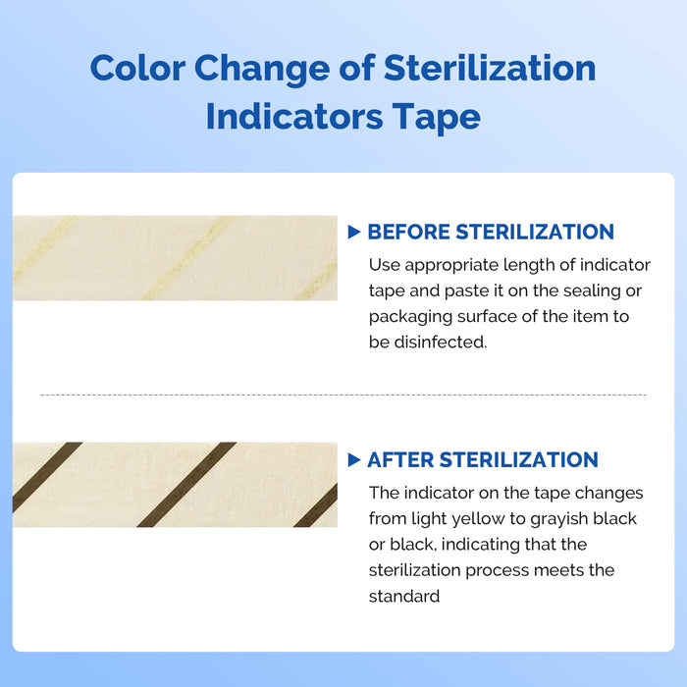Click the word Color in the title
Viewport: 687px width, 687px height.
coord(137,69)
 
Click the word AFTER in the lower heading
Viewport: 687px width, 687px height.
coord(399,460)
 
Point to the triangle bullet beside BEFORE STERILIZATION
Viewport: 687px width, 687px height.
coord(354,233)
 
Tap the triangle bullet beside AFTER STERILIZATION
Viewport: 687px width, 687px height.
coord(354,460)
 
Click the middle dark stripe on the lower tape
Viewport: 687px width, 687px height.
coord(186,484)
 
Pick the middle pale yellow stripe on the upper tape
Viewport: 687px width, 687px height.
coord(186,258)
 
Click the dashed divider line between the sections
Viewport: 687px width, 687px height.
coord(343,396)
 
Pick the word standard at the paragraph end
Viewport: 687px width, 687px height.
coord(404,596)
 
